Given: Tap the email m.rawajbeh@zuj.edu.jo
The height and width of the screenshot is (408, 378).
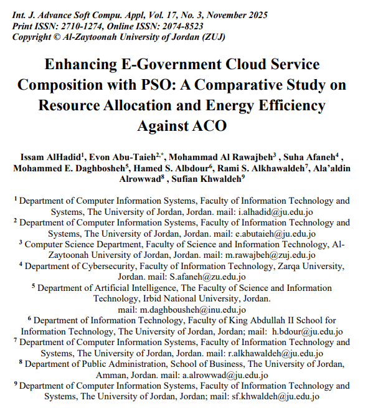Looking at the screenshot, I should [x=272, y=255].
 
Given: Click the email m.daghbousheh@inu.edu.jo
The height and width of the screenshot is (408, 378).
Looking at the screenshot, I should [x=187, y=310].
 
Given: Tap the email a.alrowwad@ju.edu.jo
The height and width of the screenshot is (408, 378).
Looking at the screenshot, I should [x=225, y=375].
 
